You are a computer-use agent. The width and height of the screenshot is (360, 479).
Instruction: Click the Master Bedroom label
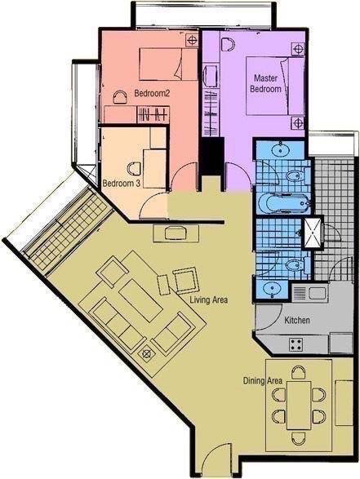click(265, 83)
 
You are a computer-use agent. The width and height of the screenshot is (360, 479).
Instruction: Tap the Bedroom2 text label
click(152, 94)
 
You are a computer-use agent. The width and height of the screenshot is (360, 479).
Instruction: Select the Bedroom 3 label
click(122, 184)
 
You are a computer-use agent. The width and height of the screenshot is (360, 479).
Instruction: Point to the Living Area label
click(209, 299)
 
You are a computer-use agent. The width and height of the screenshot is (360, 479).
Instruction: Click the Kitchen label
click(297, 320)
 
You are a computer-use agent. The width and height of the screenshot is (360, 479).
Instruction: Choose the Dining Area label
click(263, 381)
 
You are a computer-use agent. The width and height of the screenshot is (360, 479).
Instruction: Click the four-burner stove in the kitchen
click(296, 344)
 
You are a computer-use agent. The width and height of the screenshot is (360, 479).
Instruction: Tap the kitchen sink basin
click(318, 293)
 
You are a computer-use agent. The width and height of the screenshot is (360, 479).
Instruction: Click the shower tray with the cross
click(313, 233)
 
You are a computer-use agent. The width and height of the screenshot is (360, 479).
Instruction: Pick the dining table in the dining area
click(299, 406)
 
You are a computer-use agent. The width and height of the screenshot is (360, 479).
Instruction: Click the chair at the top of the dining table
click(298, 373)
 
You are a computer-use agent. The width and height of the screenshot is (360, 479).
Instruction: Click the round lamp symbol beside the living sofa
click(147, 354)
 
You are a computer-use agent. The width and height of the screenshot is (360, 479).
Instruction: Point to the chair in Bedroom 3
click(133, 170)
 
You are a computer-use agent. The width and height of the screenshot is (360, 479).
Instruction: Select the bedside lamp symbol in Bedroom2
click(192, 40)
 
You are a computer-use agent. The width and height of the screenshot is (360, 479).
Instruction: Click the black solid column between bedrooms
click(212, 157)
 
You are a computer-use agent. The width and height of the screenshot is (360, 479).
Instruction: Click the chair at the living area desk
click(176, 233)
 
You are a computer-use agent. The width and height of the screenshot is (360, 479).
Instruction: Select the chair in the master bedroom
click(228, 45)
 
